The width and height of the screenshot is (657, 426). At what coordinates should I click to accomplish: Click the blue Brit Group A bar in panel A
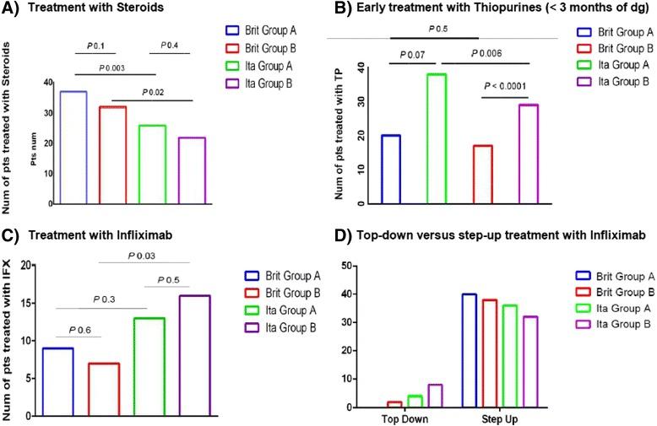tap(73, 147)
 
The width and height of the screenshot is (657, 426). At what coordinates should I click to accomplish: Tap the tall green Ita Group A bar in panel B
tap(436, 139)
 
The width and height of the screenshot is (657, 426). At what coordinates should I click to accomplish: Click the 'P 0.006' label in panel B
tap(485, 53)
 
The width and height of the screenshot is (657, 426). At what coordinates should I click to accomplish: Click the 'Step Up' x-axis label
tap(491, 418)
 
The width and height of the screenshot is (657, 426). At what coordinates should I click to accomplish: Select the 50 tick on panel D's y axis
tap(345, 266)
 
